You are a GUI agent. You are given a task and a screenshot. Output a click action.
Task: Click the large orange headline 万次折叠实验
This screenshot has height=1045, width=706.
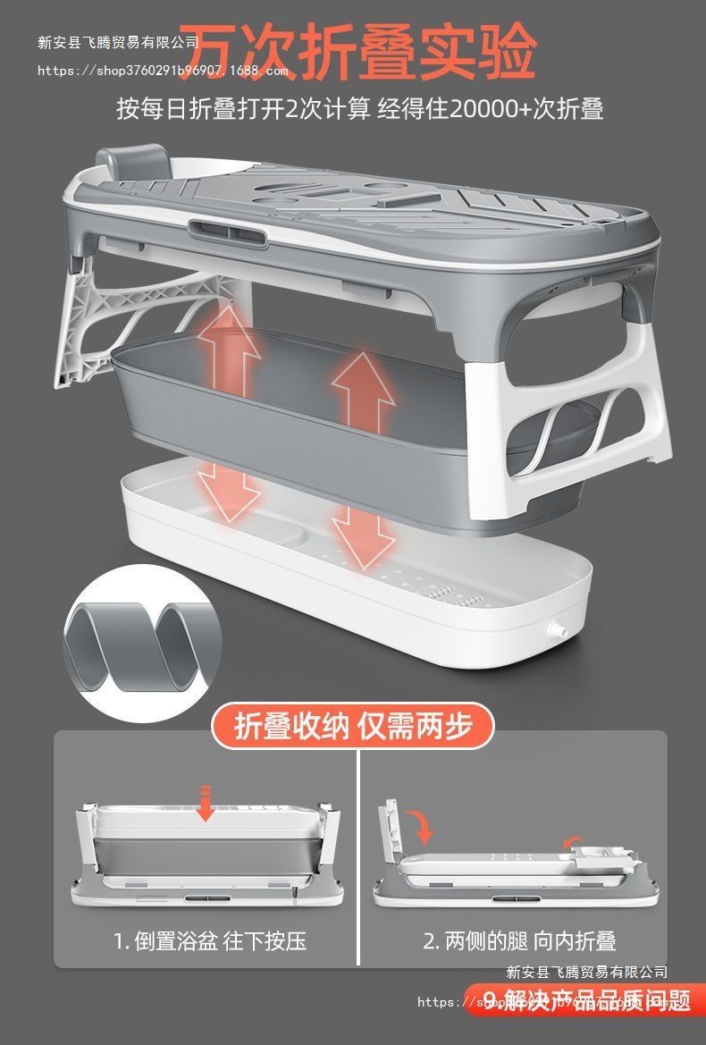tap(362, 52)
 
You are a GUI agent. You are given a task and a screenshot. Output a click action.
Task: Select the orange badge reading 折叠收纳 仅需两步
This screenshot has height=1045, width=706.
tap(353, 727)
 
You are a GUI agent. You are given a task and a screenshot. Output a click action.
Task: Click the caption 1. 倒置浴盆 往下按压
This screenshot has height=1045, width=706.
tap(210, 941)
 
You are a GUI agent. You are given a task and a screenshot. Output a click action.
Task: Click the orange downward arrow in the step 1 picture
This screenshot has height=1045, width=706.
tap(206, 803)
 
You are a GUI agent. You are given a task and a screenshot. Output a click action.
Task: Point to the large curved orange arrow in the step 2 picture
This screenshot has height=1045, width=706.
tap(423, 827)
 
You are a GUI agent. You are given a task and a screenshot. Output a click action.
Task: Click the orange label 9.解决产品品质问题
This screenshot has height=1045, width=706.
tap(585, 1001)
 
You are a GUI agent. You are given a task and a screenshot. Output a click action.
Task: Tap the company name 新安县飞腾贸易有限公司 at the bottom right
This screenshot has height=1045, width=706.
tap(586, 972)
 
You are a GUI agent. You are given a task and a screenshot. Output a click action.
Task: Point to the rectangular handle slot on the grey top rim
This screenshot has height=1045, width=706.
tap(227, 233)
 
